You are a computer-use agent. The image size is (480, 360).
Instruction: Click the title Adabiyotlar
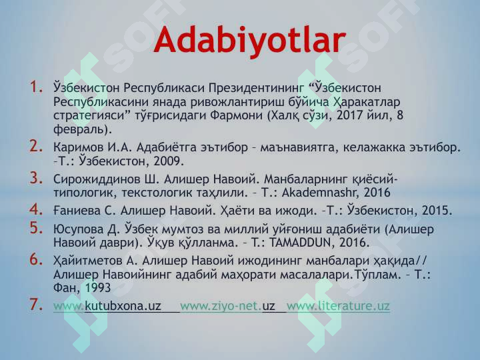point(249,41)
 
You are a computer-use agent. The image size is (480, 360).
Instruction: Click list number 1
point(36,87)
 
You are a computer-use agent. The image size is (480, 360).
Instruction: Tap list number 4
point(36,210)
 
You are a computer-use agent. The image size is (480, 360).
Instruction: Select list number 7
point(36,306)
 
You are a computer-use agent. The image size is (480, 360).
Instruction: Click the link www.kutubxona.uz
point(107,306)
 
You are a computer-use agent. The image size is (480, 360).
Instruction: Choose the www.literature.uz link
point(337,306)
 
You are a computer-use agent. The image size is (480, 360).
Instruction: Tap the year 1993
point(97,288)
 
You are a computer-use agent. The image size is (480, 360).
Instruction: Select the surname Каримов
point(76,146)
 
